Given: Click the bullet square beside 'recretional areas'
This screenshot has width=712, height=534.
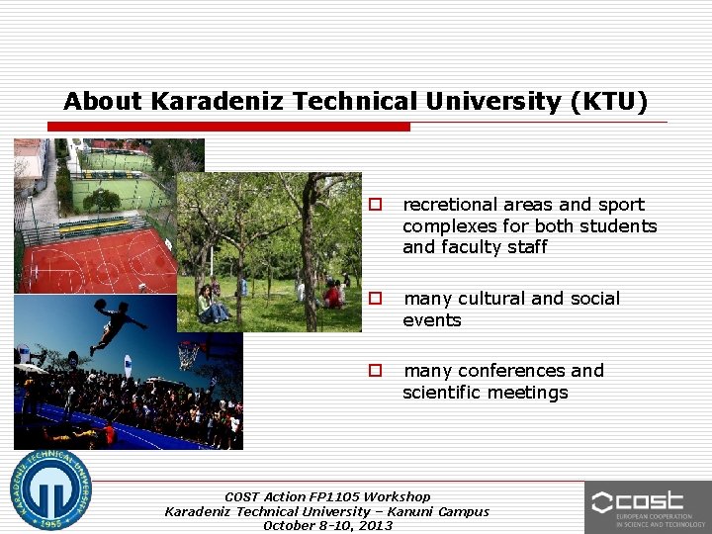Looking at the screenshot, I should [x=376, y=205].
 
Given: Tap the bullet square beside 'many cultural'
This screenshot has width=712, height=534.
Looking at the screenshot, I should [x=376, y=299].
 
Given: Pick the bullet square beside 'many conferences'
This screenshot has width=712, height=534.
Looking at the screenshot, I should [x=376, y=371].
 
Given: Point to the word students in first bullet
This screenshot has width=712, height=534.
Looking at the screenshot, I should [x=620, y=226].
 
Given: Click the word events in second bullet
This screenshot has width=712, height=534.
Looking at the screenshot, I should [x=431, y=320].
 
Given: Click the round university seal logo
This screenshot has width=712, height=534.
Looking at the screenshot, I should [x=50, y=489].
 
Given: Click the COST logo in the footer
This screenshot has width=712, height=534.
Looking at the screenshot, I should [x=648, y=506].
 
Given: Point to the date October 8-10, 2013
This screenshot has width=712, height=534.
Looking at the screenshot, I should [x=327, y=525].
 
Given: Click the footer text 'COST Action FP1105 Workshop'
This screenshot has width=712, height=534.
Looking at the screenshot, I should [x=327, y=496].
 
